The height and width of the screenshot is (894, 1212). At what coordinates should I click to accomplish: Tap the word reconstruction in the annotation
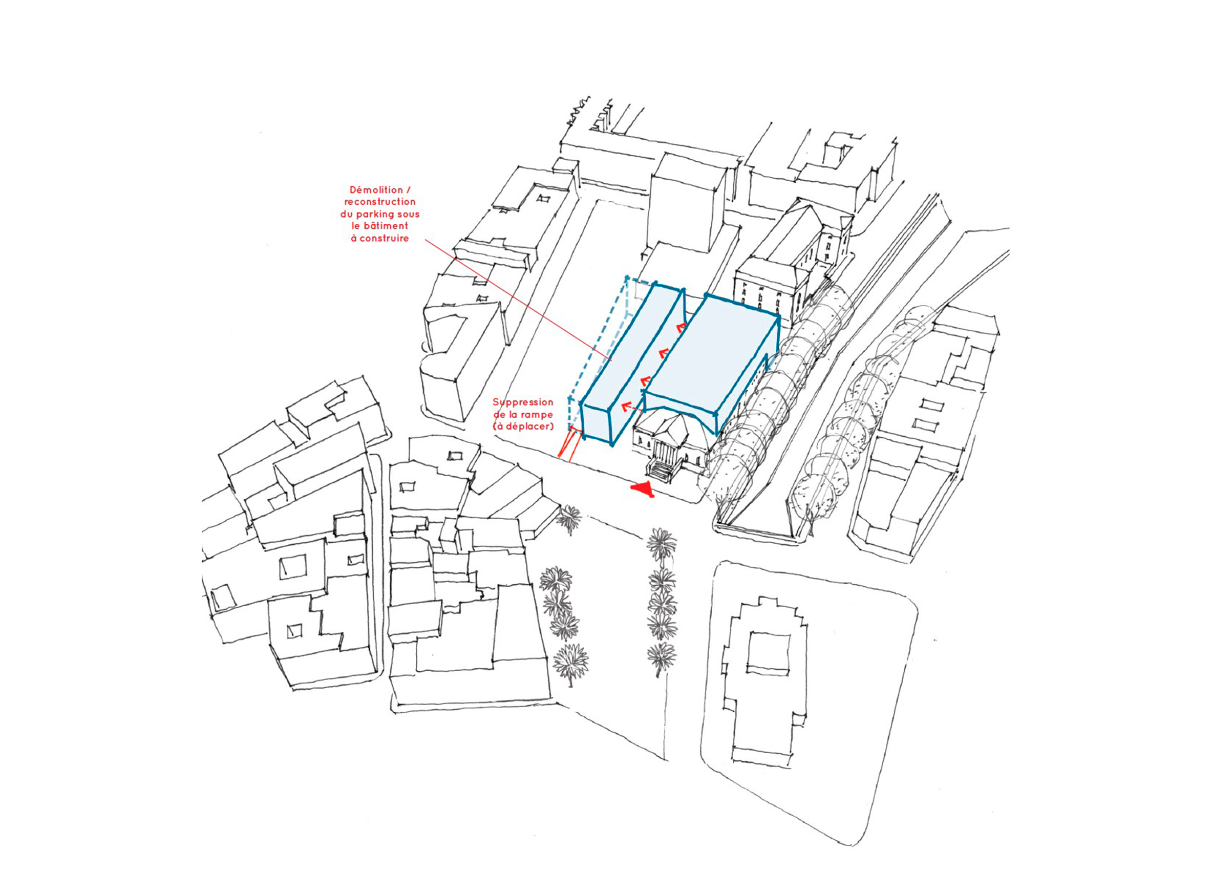pos(380,202)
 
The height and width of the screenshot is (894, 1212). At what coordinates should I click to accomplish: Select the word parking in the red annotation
pos(381,215)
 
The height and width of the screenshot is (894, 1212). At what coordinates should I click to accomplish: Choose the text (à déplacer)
pos(523,427)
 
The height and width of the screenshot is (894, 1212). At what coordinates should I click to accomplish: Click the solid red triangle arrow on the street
pos(643,488)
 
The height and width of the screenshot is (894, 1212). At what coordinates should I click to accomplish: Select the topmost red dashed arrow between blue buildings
pos(680,326)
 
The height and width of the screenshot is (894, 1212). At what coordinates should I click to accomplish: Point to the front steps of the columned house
pos(659,470)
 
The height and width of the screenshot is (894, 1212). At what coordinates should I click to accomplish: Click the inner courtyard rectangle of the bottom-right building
pos(769,653)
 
